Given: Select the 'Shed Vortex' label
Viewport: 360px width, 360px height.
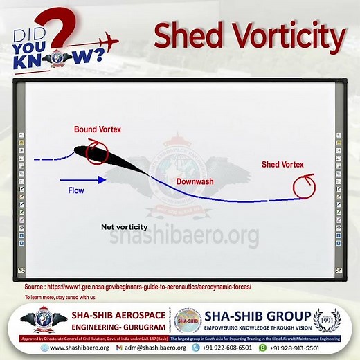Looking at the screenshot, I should pyautogui.click(x=282, y=165).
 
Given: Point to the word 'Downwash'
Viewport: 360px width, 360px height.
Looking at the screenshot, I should pyautogui.click(x=194, y=181).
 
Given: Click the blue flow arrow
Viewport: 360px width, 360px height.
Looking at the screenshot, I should pyautogui.click(x=83, y=180).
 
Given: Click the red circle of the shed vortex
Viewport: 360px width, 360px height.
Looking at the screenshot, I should pyautogui.click(x=303, y=186).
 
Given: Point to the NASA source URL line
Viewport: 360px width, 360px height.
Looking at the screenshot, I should pyautogui.click(x=138, y=286).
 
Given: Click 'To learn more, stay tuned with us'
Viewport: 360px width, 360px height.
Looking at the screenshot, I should pyautogui.click(x=60, y=296).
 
